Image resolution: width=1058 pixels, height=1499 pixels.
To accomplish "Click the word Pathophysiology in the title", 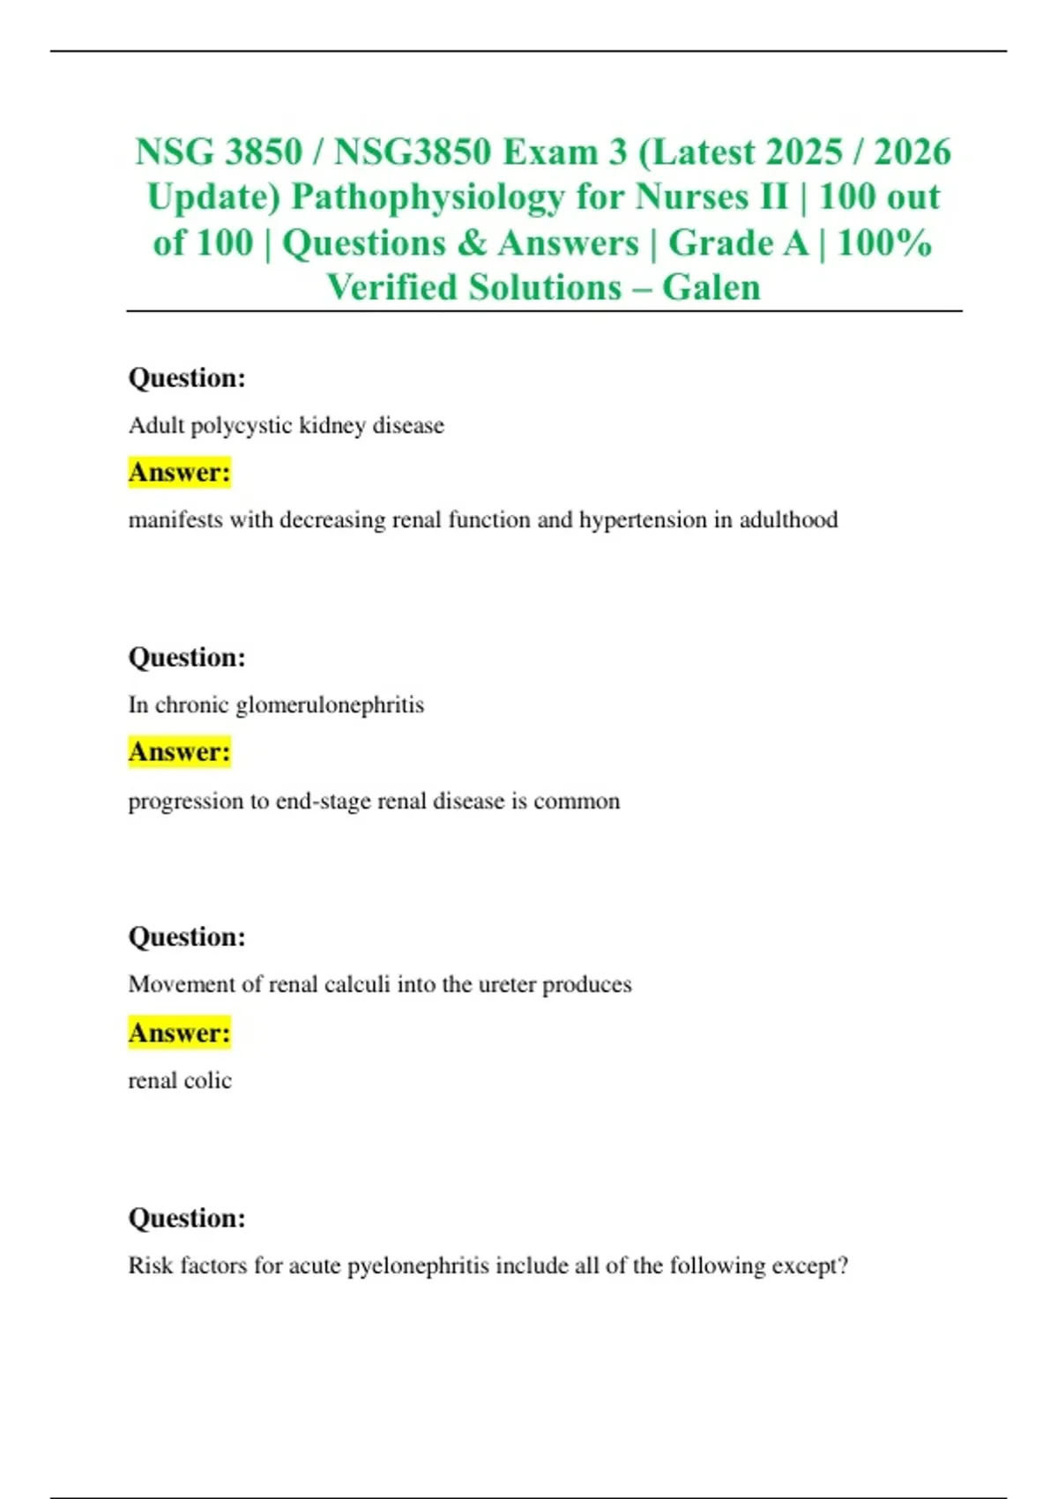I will pyautogui.click(x=427, y=197).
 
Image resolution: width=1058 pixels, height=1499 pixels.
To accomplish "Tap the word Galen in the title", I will pyautogui.click(x=711, y=287).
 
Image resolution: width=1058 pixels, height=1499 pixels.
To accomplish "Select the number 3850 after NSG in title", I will pyautogui.click(x=263, y=152).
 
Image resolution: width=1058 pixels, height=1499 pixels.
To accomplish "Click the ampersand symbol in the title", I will pyautogui.click(x=472, y=243).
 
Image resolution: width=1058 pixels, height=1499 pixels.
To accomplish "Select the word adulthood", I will pyautogui.click(x=788, y=520).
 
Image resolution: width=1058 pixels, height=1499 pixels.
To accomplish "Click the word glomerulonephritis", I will pyautogui.click(x=330, y=705).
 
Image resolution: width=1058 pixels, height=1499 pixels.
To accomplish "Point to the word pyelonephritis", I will pyautogui.click(x=418, y=1266).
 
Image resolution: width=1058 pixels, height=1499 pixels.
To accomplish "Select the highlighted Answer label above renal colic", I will pyautogui.click(x=180, y=1033).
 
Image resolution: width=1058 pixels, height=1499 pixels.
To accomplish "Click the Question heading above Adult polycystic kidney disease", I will pyautogui.click(x=187, y=378).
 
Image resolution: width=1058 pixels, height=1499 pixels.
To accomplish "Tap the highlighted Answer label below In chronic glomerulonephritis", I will pyautogui.click(x=180, y=752).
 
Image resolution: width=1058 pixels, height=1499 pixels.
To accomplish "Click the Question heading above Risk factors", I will pyautogui.click(x=187, y=1219).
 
